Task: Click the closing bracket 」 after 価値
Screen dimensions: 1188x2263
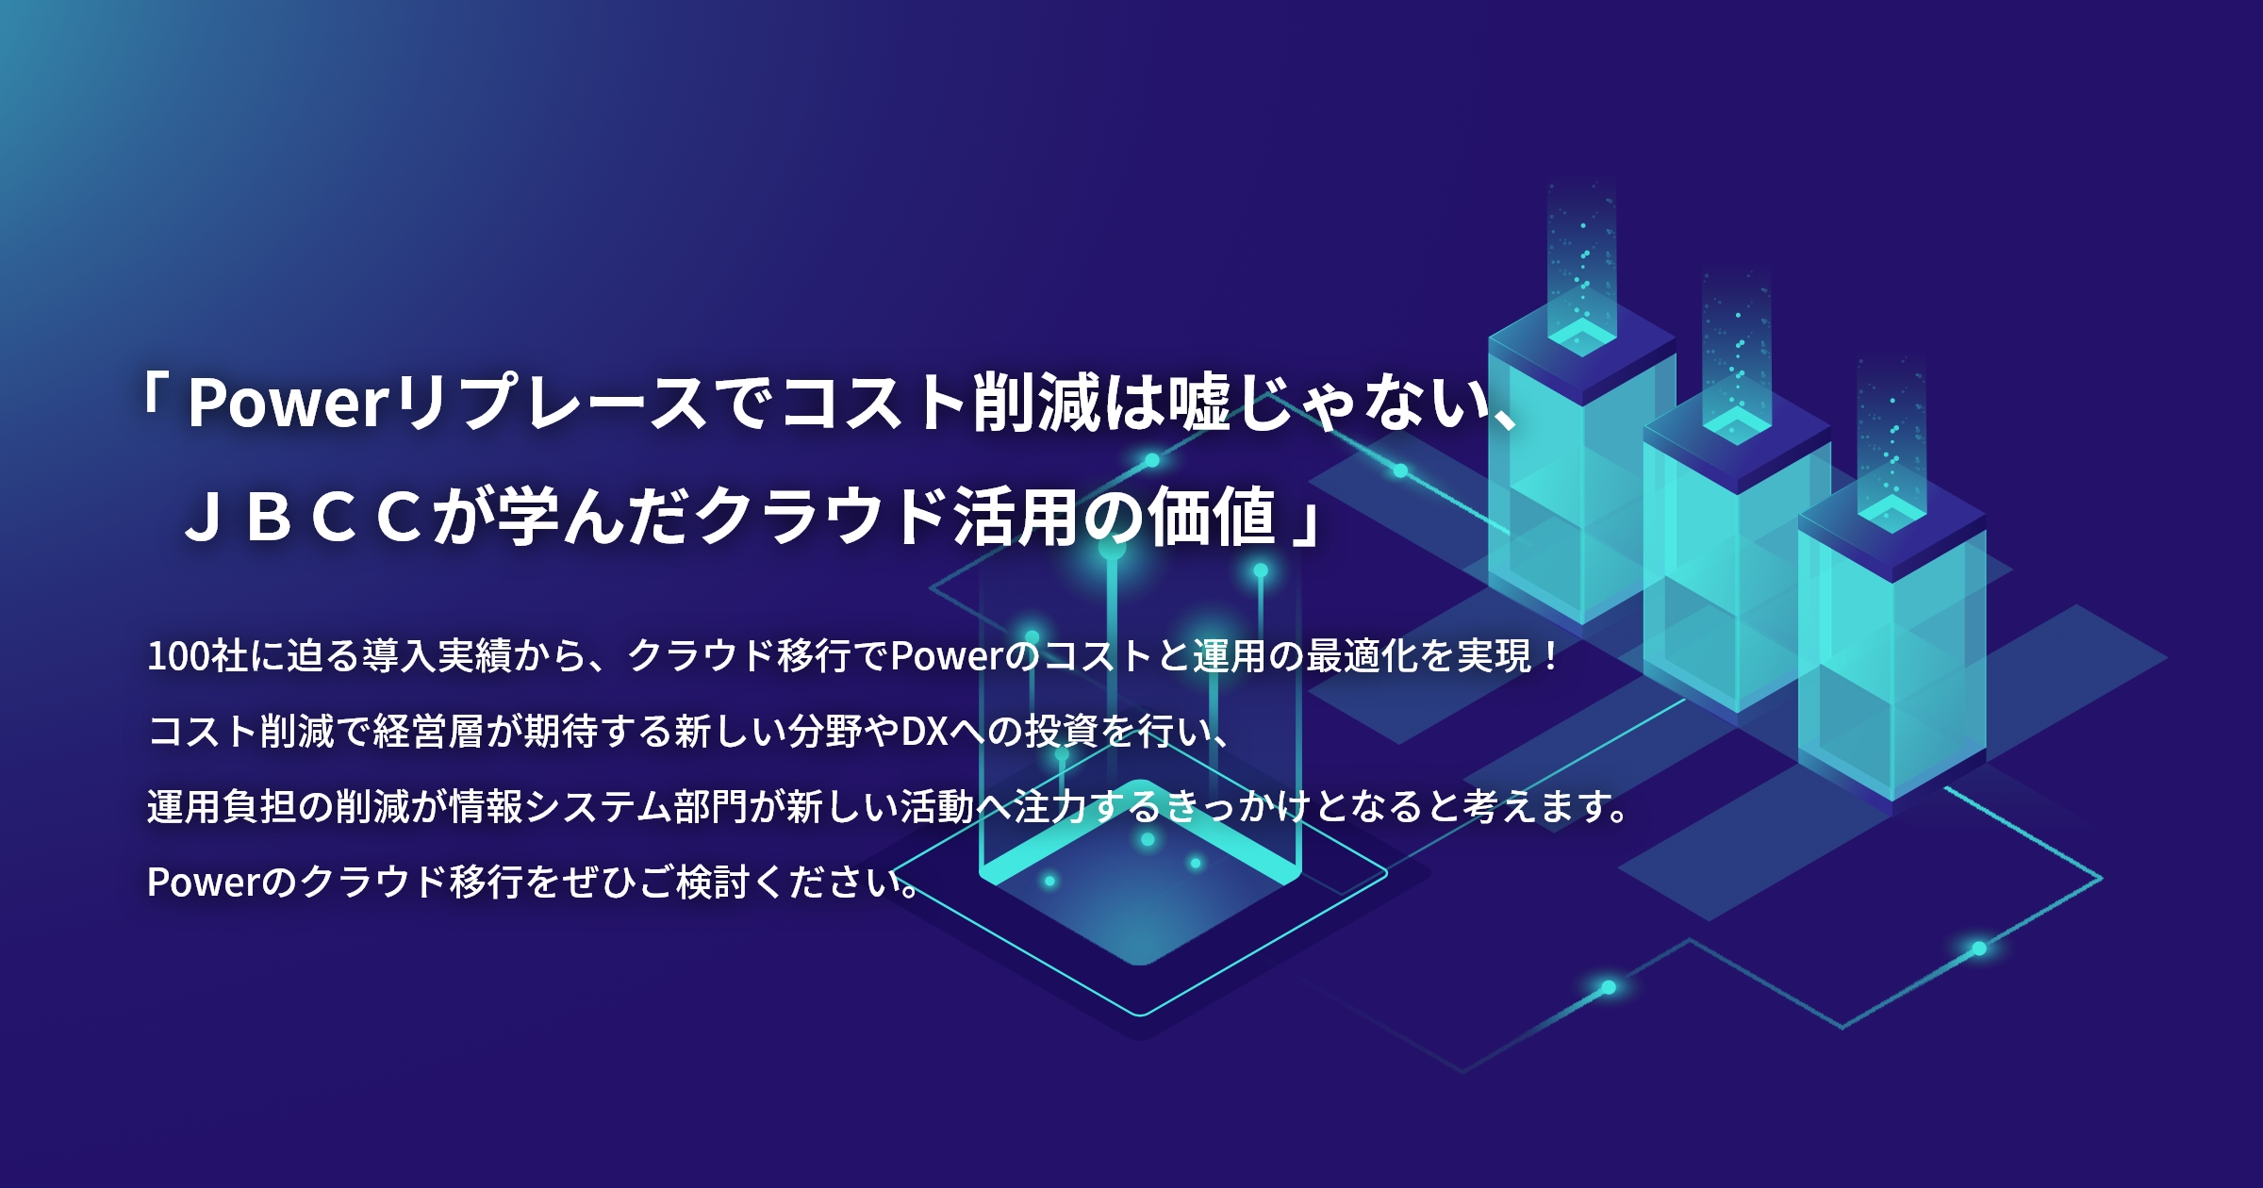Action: pos(1305,523)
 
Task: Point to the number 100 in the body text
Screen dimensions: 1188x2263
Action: pos(178,656)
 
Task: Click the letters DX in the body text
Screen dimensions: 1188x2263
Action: pos(924,732)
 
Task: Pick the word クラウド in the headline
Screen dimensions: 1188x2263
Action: pos(820,518)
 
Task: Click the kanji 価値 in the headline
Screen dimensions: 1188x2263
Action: pos(1213,518)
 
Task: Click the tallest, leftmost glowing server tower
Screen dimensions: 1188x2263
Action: pos(1581,471)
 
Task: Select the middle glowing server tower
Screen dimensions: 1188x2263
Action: pos(1737,566)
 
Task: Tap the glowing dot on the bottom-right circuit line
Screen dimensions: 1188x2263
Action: pos(1979,948)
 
